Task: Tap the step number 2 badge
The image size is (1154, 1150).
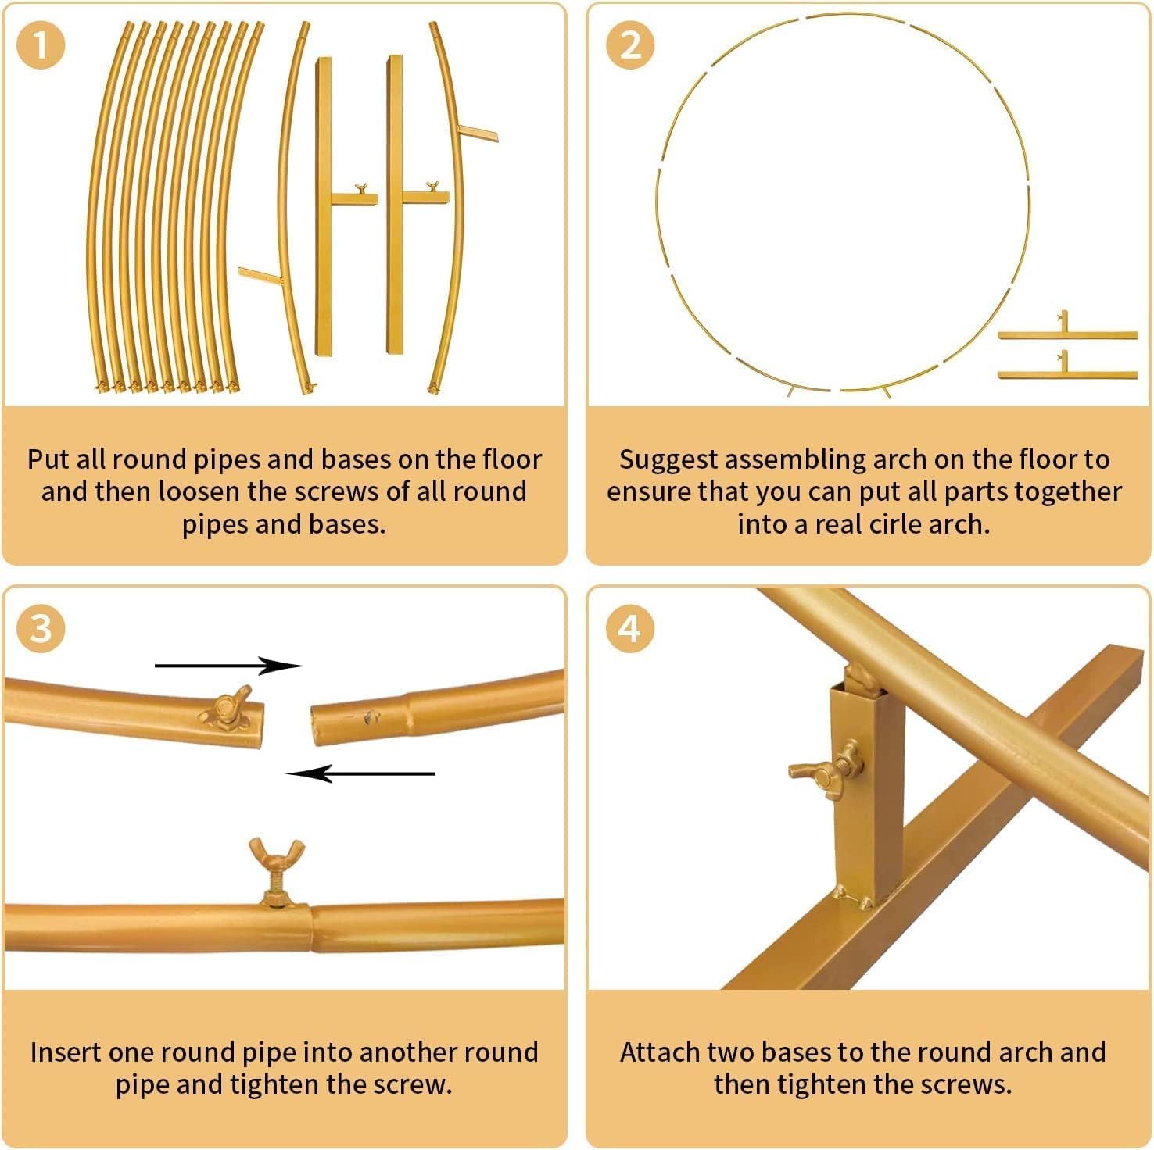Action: pyautogui.click(x=629, y=45)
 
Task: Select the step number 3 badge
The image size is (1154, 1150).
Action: pyautogui.click(x=40, y=628)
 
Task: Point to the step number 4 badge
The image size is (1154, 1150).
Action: pyautogui.click(x=629, y=628)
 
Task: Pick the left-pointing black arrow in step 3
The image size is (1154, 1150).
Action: pyautogui.click(x=360, y=773)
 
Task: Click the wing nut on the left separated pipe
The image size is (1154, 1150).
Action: pyautogui.click(x=227, y=708)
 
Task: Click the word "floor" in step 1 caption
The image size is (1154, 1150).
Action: pyautogui.click(x=511, y=459)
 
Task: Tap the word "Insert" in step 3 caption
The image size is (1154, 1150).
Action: pyautogui.click(x=66, y=1052)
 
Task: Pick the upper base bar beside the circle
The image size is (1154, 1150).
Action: pyautogui.click(x=1067, y=334)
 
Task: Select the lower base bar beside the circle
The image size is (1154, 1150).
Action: pyautogui.click(x=1067, y=373)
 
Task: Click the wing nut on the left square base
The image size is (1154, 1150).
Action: pyautogui.click(x=361, y=189)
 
